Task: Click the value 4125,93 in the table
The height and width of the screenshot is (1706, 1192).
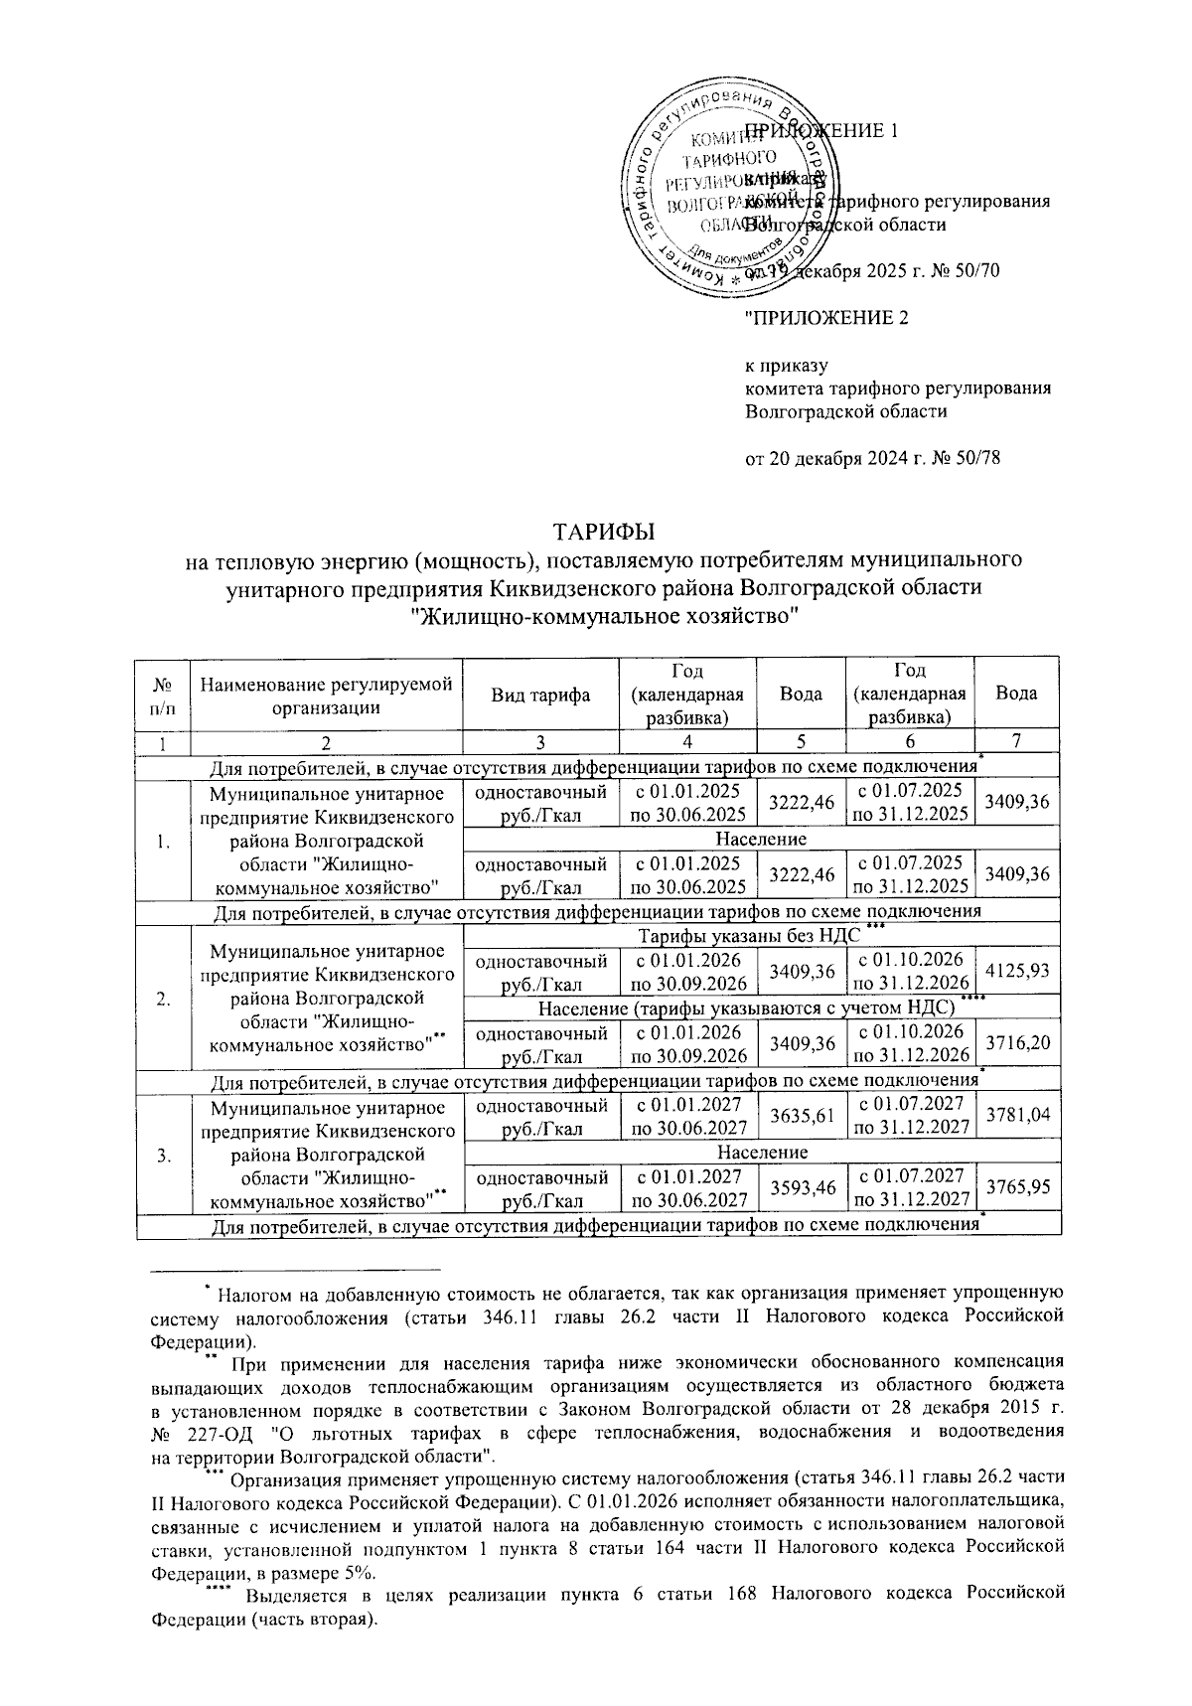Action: (x=1017, y=968)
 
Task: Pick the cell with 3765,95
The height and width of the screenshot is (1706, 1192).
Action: (x=1017, y=1188)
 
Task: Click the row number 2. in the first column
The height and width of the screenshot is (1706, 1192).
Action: (x=162, y=998)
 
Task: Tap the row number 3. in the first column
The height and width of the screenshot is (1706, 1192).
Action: (x=162, y=1154)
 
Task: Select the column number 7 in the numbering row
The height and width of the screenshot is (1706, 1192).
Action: (x=1017, y=740)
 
